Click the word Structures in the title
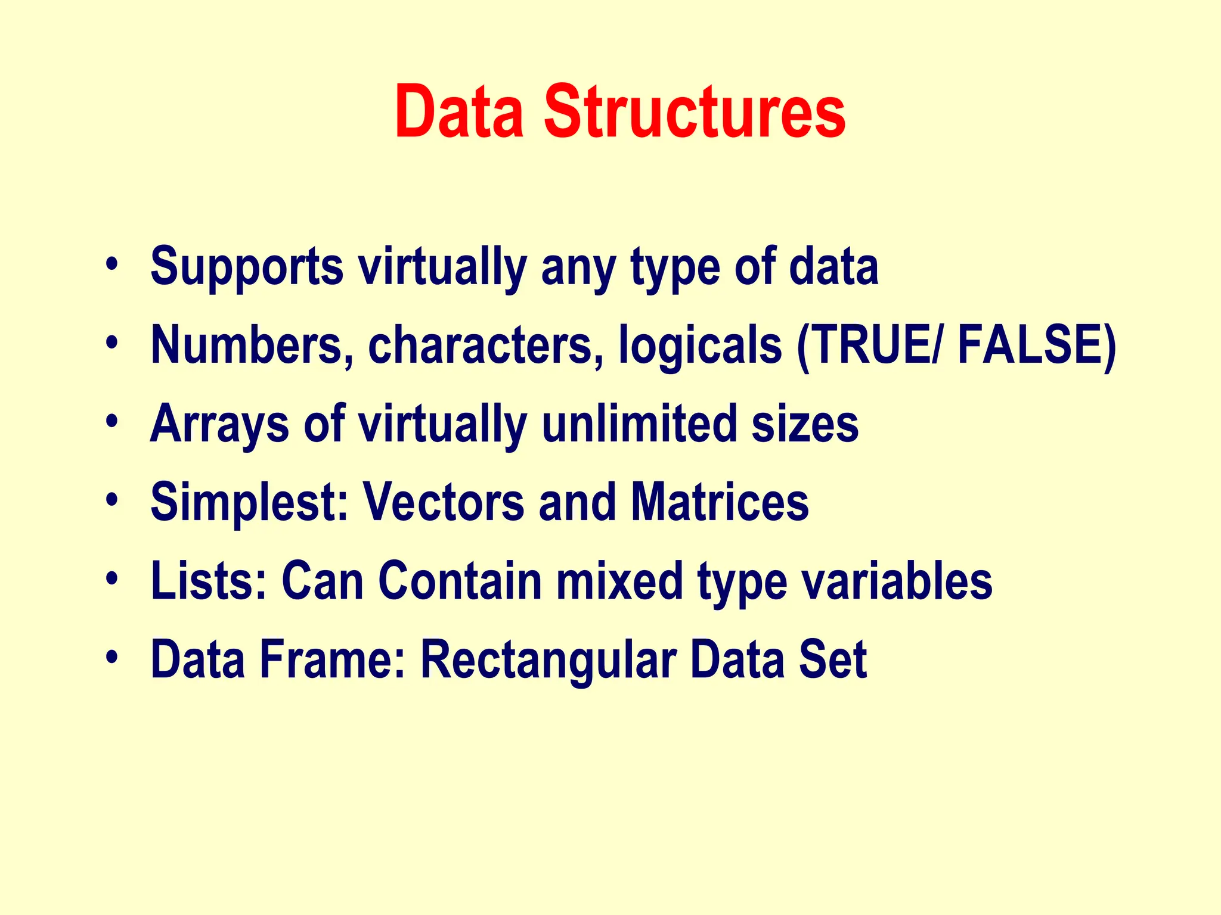[x=695, y=112]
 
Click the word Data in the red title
[x=459, y=112]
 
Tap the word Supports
[x=247, y=266]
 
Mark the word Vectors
[x=444, y=503]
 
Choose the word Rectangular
[x=548, y=659]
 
